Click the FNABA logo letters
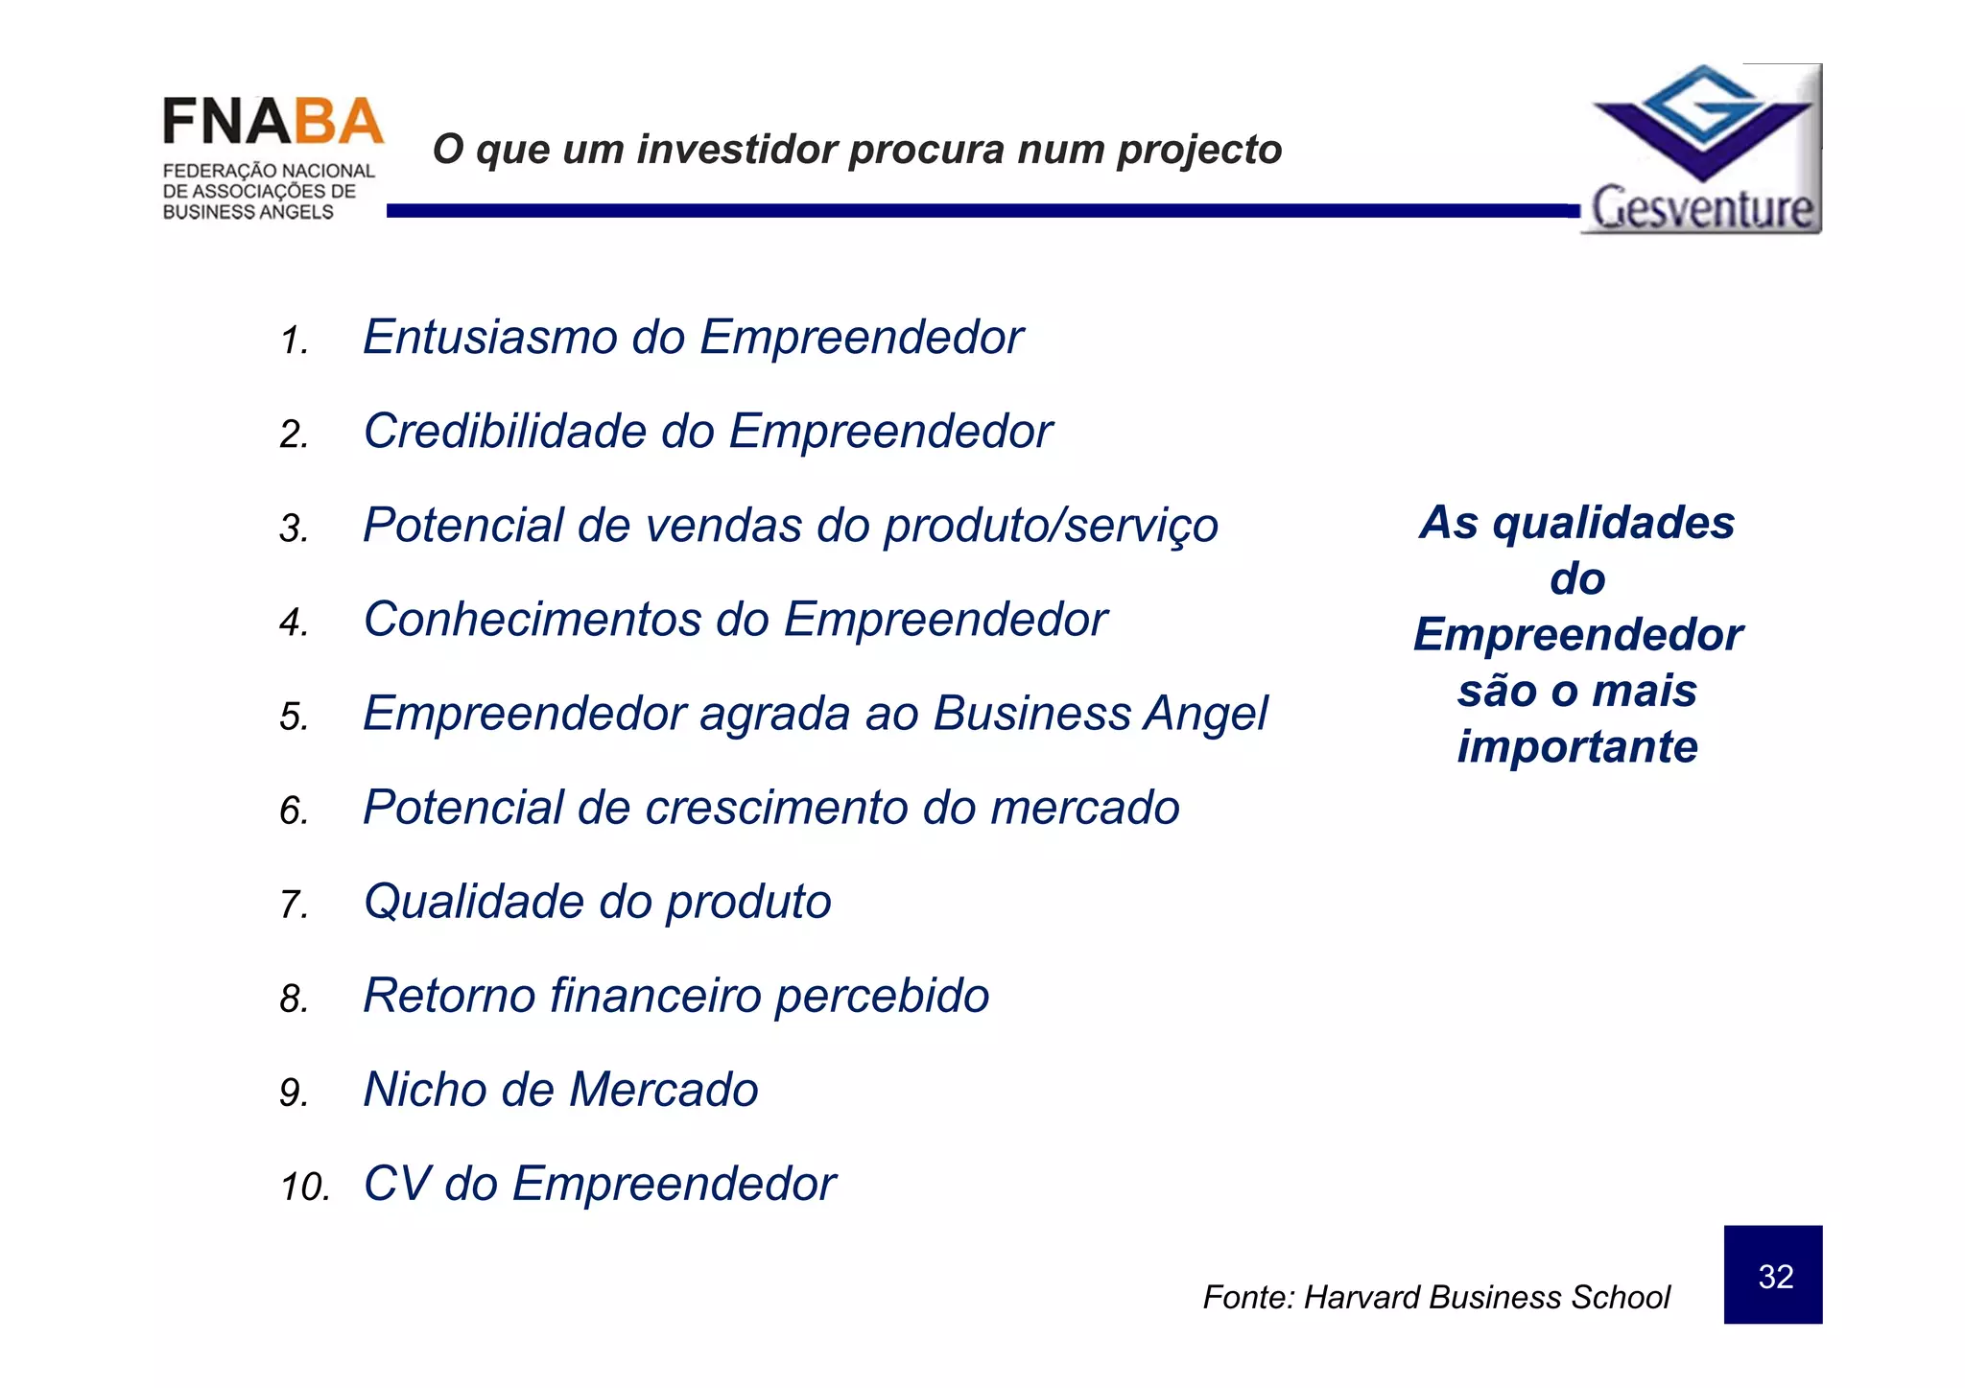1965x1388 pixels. (272, 123)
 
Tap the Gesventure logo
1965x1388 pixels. (1701, 150)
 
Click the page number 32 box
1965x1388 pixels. (1772, 1275)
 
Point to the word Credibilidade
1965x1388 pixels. (506, 432)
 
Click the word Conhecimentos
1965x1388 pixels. (532, 620)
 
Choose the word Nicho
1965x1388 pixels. (425, 1090)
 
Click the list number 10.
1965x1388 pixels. (303, 1188)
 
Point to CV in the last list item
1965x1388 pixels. (396, 1184)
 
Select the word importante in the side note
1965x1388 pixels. (1577, 747)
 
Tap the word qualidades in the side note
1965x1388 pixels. (1614, 524)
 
